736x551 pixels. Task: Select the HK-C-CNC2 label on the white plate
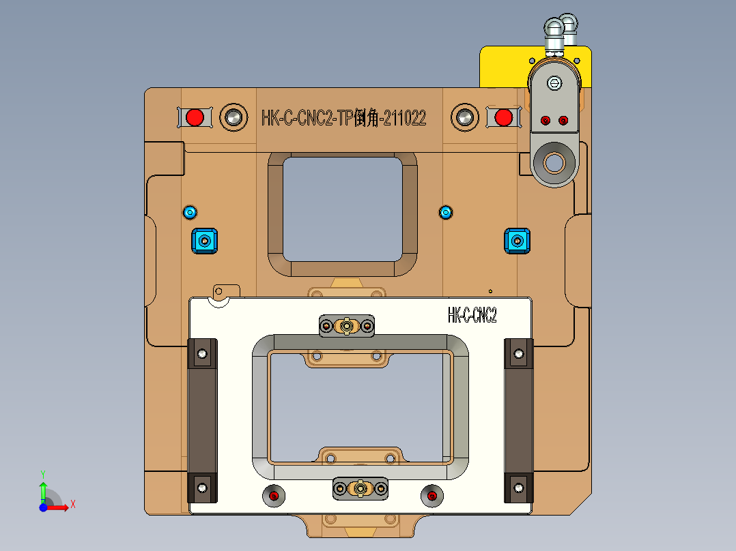click(472, 315)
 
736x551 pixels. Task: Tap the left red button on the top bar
click(195, 117)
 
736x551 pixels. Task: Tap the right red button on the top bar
click(504, 117)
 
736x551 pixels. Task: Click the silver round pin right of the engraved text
click(465, 117)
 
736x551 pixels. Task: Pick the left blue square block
click(203, 241)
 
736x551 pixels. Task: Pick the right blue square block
click(517, 241)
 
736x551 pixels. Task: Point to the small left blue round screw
click(190, 212)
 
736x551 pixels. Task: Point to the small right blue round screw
click(446, 212)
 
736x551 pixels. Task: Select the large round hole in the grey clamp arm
click(554, 162)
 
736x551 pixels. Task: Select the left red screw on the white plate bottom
click(274, 496)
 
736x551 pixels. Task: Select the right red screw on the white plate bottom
click(432, 496)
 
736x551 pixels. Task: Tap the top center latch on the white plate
click(347, 326)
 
